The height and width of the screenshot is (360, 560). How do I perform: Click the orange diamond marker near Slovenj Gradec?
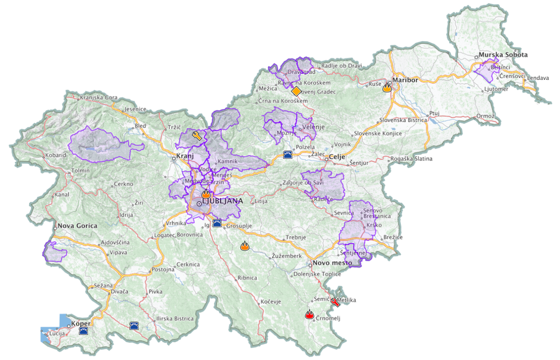(296, 91)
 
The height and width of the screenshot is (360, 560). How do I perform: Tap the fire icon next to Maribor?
(387, 88)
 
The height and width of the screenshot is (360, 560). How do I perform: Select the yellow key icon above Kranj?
(197, 136)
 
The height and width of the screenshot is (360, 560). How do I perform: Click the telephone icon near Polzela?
(288, 154)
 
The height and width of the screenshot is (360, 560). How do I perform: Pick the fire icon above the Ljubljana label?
(206, 194)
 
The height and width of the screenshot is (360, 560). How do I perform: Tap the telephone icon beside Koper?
(83, 328)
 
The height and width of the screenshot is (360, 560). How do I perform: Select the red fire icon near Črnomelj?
(309, 315)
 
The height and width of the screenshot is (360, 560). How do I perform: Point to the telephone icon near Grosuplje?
(217, 222)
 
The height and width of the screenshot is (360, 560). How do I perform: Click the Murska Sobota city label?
(503, 55)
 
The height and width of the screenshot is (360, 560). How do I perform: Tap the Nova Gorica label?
(77, 226)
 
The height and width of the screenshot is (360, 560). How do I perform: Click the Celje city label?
(337, 156)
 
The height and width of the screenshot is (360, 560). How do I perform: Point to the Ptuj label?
(434, 113)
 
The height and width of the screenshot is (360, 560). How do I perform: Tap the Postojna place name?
(163, 269)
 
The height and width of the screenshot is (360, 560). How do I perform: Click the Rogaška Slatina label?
(412, 159)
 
